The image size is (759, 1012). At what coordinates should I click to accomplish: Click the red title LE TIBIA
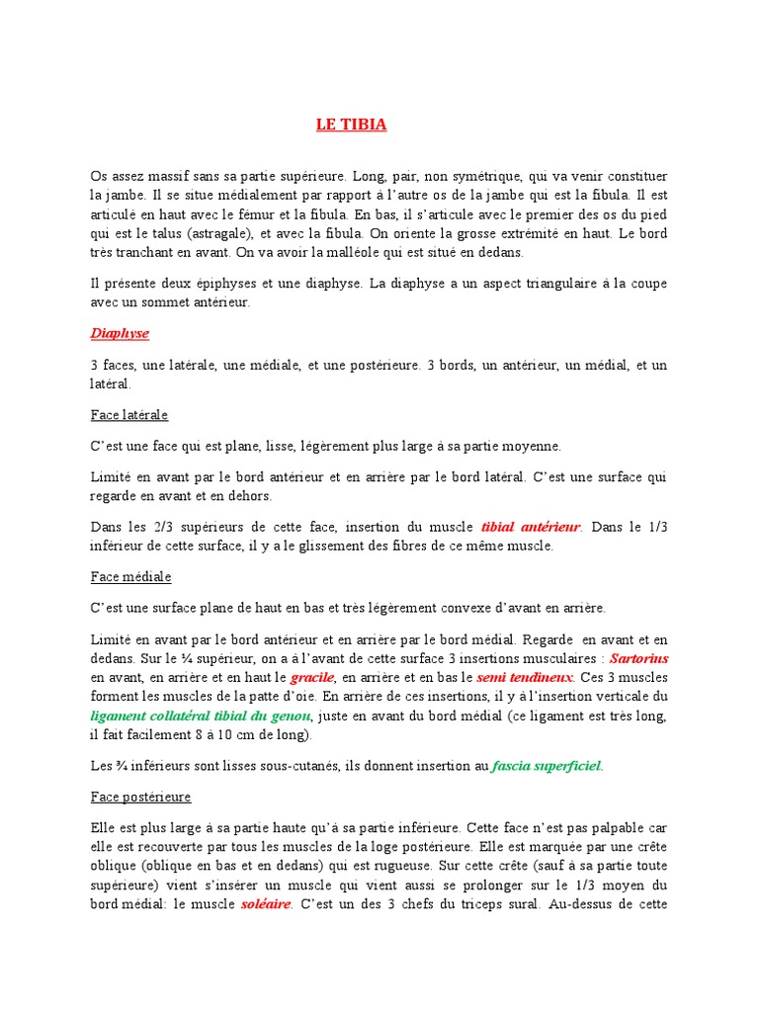351,125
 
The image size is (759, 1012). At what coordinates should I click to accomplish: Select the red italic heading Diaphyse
120,333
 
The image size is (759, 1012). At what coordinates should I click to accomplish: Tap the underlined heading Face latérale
129,414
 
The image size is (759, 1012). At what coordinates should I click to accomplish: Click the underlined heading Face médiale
130,575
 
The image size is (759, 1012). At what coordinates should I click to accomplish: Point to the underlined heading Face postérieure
140,796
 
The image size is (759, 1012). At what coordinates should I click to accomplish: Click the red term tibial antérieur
532,527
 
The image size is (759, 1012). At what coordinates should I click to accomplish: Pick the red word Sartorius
639,656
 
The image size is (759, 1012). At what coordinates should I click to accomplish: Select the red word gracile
313,677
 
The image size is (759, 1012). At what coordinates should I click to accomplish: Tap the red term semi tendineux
511,677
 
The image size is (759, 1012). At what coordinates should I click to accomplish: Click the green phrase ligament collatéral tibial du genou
200,715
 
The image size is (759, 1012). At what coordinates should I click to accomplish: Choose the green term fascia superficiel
546,765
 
